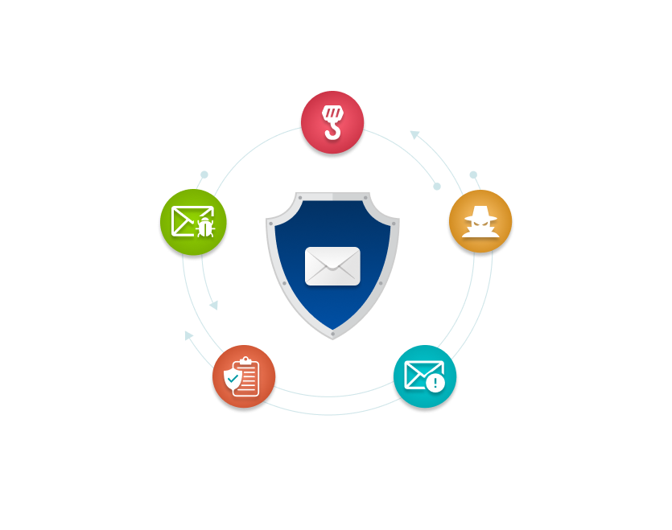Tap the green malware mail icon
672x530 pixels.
(192, 221)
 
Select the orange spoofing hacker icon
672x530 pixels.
(480, 221)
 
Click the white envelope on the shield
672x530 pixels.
(332, 266)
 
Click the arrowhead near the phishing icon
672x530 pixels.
(415, 135)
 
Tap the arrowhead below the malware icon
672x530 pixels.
(214, 305)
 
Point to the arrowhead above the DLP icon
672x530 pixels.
(188, 335)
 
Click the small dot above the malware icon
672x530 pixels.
(204, 174)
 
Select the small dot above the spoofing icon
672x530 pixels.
(473, 175)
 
